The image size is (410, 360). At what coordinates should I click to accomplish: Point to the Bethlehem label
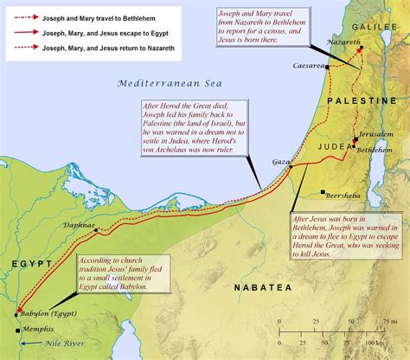click(376, 149)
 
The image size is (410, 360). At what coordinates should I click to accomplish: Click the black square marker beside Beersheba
click(322, 193)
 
